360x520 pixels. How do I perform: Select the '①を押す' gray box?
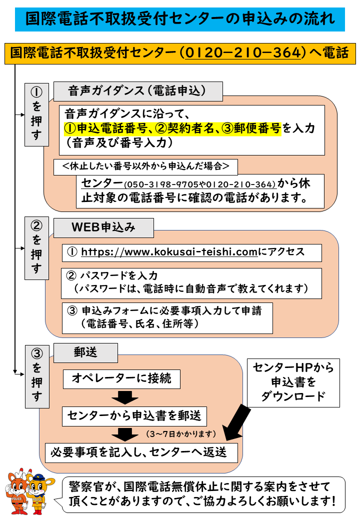[36, 114]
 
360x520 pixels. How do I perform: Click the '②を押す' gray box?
[36, 247]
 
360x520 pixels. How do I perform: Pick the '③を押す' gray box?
[36, 375]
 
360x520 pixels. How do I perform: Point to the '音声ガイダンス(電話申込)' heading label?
[137, 91]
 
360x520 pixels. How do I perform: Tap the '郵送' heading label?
[85, 352]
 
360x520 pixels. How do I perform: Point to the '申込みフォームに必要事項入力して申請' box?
[167, 317]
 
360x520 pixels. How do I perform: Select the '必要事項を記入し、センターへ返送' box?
[138, 452]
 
